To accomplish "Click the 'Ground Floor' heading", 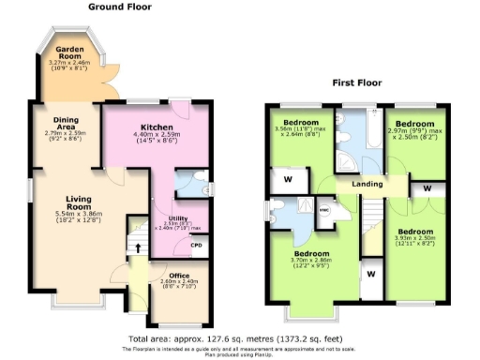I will point(120,7).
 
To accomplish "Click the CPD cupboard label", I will point(196,246).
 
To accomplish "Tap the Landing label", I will point(367,184).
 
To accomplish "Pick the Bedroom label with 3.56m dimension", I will point(301,123).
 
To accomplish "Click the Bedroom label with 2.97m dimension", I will point(413,124).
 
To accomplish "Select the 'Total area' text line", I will point(240,338).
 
